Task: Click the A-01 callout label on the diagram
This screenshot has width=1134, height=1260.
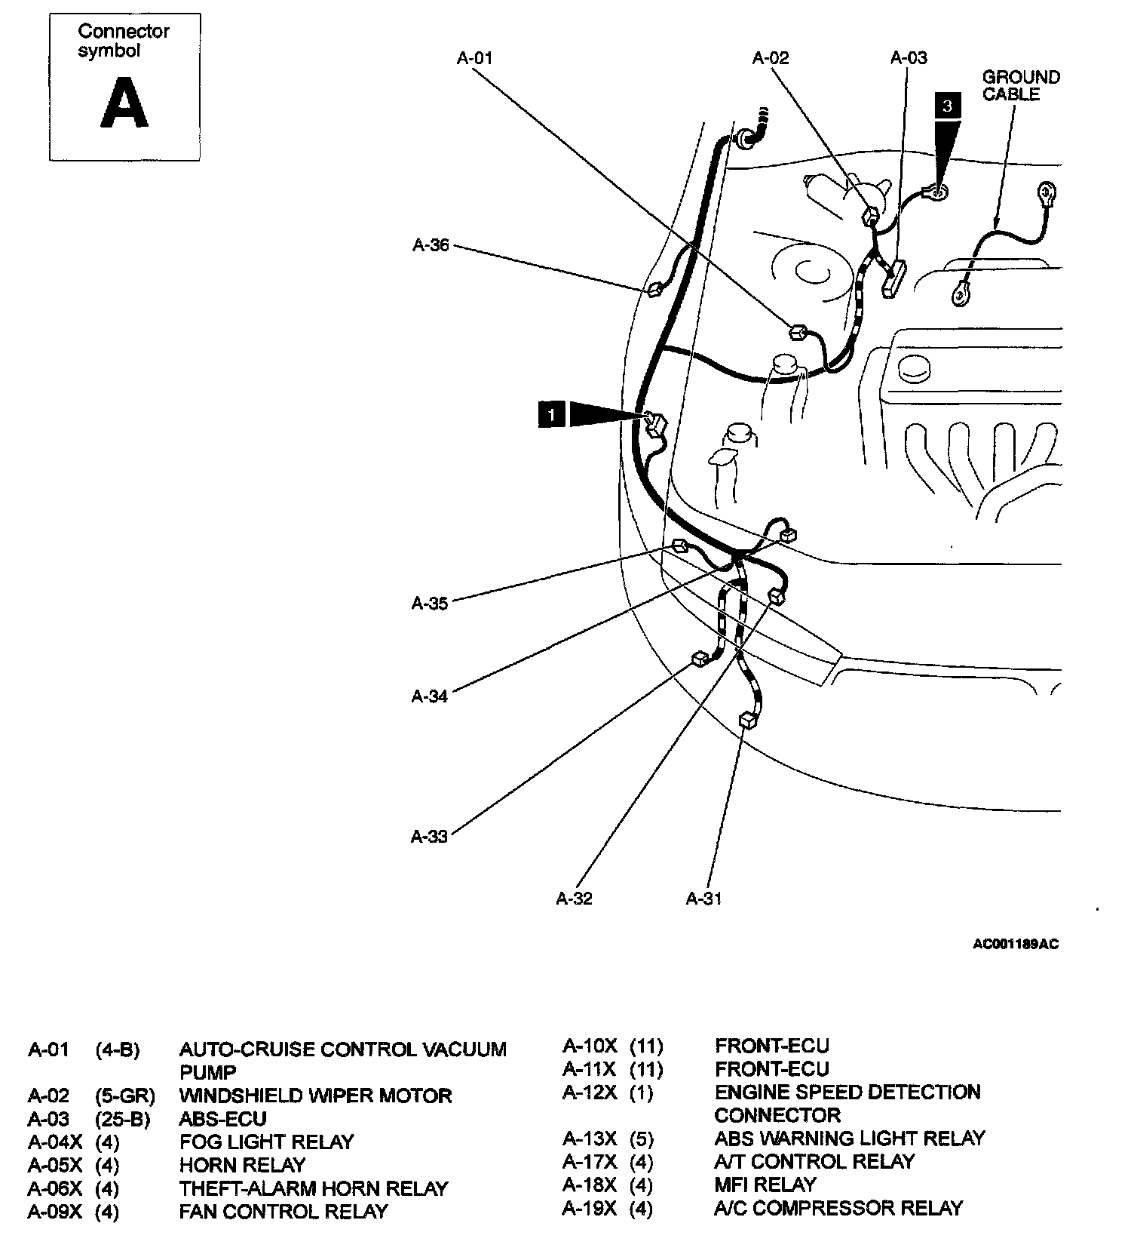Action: [474, 58]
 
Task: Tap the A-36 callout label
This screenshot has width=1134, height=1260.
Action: [431, 245]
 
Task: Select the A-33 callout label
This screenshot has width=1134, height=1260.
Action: [429, 836]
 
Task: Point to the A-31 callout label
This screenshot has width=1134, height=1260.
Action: [703, 898]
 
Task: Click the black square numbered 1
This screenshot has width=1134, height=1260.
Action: [552, 415]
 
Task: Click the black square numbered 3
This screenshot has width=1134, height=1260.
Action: [948, 106]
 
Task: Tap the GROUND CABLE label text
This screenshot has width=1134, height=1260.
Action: [1020, 86]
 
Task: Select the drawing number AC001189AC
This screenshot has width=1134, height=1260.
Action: [1015, 944]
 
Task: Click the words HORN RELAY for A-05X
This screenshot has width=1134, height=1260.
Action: [242, 1165]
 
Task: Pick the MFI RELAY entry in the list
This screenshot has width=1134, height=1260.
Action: [765, 1185]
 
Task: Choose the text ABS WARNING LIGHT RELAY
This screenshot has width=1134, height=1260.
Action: [850, 1138]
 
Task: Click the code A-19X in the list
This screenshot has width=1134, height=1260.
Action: [589, 1208]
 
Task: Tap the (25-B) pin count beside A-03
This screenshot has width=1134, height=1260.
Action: [123, 1119]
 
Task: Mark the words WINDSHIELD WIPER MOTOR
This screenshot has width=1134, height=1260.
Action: [315, 1096]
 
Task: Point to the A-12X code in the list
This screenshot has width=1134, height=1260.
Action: [589, 1093]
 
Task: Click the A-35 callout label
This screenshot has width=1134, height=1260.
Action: [430, 603]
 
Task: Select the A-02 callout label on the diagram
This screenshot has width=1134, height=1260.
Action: [770, 58]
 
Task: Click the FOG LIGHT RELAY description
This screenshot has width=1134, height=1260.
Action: [266, 1142]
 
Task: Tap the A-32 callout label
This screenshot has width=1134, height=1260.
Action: [574, 898]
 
